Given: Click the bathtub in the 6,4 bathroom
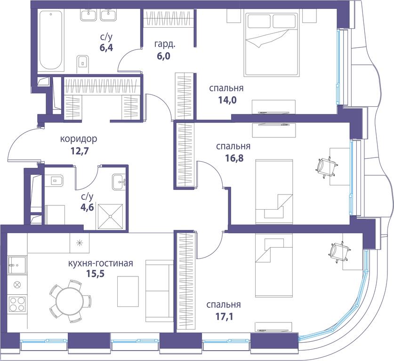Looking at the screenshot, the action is [50, 40].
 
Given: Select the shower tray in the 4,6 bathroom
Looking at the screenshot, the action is [110, 217].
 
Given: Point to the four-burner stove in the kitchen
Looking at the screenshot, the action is [17, 304].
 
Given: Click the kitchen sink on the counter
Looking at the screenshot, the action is [17, 265].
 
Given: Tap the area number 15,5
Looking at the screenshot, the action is [95, 274].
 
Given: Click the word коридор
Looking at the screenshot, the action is [79, 139].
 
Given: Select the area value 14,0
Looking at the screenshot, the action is [227, 100].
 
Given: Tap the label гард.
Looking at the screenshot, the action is [165, 44].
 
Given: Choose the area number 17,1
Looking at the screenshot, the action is [224, 317].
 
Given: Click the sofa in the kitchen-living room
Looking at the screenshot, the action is [159, 291].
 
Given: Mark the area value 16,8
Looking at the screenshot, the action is [234, 158].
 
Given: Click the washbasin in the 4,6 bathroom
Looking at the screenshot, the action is [119, 182].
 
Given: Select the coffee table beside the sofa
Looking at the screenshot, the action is [128, 291].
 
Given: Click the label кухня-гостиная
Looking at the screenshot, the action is [101, 263].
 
